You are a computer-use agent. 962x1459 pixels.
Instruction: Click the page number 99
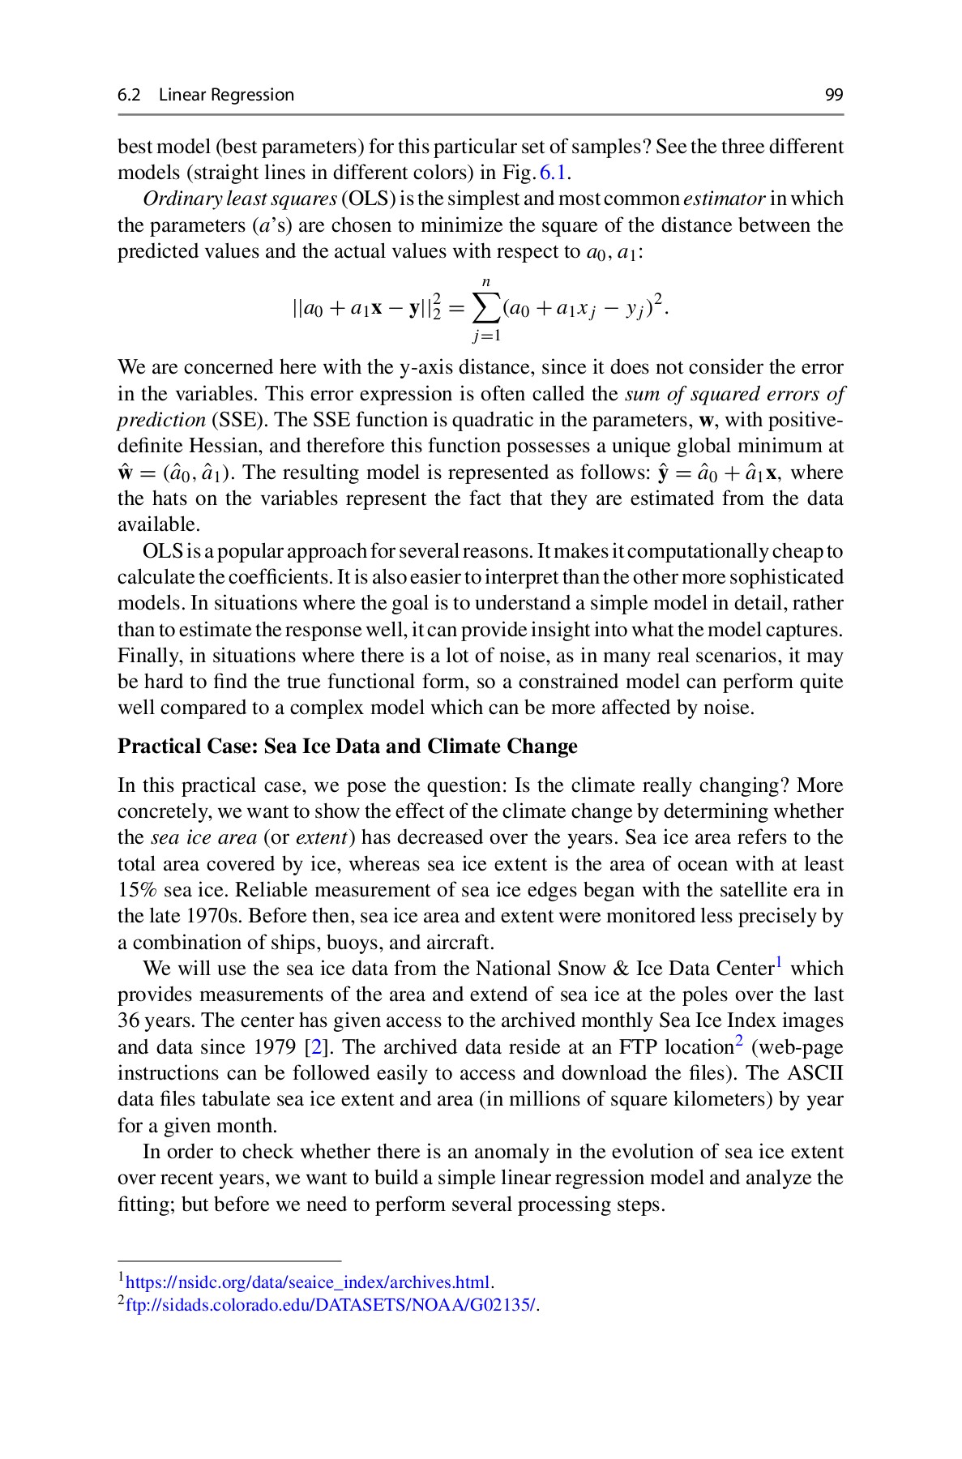coord(834,95)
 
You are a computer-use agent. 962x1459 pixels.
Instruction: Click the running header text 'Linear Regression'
coord(226,95)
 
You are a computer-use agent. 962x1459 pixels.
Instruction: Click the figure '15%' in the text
coord(138,890)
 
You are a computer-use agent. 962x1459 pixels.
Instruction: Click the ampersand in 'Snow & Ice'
coord(622,969)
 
